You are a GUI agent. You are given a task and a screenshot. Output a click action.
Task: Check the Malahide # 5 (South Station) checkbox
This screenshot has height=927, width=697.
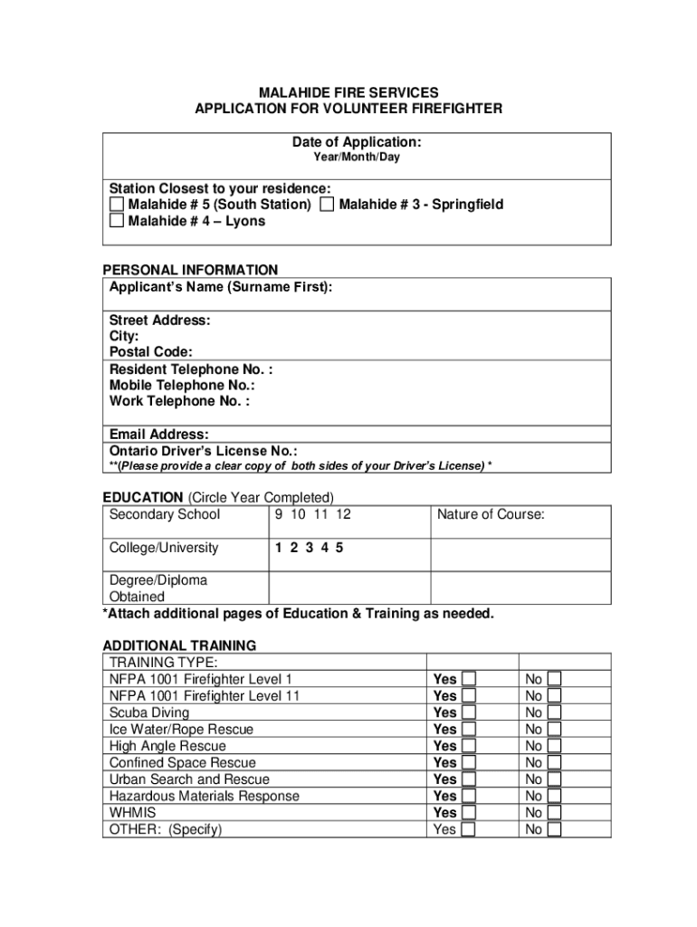(117, 205)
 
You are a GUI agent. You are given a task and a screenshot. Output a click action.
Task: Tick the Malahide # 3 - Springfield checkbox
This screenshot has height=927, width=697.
(327, 205)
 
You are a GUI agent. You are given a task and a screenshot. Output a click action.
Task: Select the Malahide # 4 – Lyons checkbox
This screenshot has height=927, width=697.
(117, 221)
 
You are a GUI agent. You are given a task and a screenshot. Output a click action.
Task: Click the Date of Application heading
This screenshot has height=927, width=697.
(356, 142)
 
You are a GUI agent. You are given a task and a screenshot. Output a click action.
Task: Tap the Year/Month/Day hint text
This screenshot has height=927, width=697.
(356, 158)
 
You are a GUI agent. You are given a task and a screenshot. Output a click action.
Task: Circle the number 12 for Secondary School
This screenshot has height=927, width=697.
(342, 515)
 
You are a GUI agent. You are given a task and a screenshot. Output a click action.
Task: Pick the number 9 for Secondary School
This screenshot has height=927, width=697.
(280, 515)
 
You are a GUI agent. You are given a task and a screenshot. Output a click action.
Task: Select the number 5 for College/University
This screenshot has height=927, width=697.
(339, 548)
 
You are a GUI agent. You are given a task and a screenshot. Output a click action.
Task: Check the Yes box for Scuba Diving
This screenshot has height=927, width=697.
(469, 712)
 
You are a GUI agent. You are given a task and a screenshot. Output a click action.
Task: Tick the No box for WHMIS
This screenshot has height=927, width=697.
(554, 813)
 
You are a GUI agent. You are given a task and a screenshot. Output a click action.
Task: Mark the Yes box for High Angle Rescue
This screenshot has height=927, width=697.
(469, 746)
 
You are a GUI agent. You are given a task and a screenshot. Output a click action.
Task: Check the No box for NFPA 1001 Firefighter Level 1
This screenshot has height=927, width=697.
(554, 679)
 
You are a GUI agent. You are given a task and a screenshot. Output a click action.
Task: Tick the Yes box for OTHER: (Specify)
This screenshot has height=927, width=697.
(469, 829)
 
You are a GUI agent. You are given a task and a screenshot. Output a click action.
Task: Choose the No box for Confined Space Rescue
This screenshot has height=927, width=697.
(554, 763)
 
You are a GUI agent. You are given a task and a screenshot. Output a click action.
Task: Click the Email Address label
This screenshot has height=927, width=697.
(159, 435)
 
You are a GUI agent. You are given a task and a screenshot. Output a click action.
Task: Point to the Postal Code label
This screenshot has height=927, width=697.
(151, 352)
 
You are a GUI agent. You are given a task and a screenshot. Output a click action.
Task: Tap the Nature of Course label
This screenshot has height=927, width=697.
(491, 515)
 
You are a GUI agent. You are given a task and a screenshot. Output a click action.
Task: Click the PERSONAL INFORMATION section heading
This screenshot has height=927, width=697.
(190, 270)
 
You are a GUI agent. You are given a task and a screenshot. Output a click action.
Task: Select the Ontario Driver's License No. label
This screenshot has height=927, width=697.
(203, 451)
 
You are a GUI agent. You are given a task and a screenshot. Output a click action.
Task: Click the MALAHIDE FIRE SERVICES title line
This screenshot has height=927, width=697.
(348, 92)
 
